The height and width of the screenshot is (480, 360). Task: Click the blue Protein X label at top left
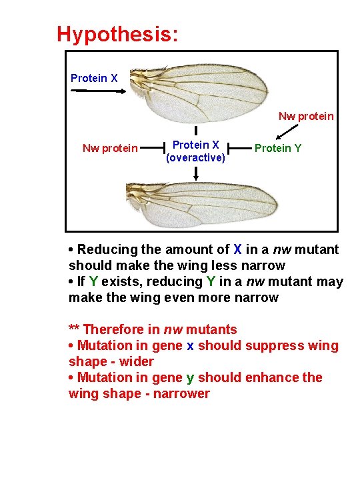click(x=94, y=78)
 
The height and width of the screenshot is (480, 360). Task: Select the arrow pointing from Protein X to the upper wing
click(x=97, y=92)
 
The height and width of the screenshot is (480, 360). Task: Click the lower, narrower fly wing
click(x=207, y=203)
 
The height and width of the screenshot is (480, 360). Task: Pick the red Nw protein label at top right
click(x=306, y=116)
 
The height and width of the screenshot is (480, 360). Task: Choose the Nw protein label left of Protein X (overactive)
click(x=110, y=148)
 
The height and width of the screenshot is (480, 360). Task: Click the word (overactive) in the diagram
click(x=196, y=158)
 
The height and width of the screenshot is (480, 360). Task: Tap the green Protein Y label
click(x=278, y=148)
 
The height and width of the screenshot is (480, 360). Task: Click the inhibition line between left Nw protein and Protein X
click(x=155, y=148)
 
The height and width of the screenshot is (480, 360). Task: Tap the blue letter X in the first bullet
click(x=237, y=250)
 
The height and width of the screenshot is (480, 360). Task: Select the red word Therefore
click(x=119, y=329)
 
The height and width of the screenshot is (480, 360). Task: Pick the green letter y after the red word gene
click(x=190, y=378)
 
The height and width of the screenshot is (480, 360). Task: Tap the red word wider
click(x=137, y=361)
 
